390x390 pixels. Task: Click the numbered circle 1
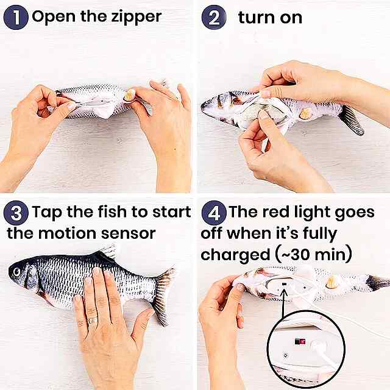coord(16,18)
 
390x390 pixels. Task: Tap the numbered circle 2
coord(214,18)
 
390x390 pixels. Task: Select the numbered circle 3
coord(16,213)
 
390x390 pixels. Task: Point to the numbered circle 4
coord(214,213)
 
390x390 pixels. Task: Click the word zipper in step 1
coord(136,18)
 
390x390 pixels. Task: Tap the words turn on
coord(270,18)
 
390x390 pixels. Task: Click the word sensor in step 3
coord(129,234)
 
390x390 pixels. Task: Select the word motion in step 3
coord(67,233)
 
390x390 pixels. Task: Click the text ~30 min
coord(314,255)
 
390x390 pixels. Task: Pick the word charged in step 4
coord(235,255)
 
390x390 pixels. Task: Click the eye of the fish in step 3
coord(16,272)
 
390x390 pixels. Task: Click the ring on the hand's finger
coord(92,320)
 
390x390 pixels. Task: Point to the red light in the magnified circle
coord(300,341)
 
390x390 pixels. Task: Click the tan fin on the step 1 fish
coord(130,95)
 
